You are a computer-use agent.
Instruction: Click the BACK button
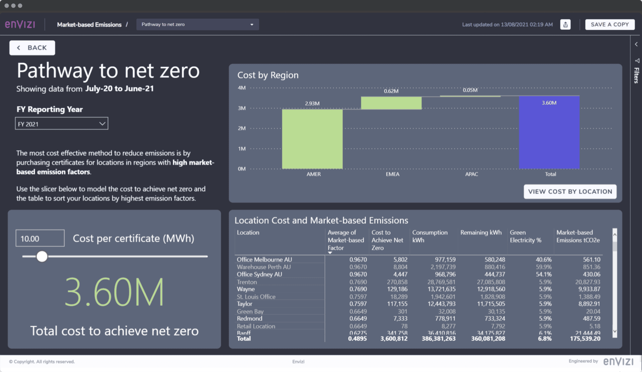tap(32, 48)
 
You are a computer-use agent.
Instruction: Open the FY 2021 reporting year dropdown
tap(62, 124)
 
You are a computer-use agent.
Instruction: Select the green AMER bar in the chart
tap(312, 139)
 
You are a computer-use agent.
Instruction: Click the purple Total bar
tap(549, 132)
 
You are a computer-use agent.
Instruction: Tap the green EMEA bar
tap(391, 103)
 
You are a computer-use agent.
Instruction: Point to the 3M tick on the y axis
tap(241, 108)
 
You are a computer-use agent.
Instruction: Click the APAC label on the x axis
tap(471, 174)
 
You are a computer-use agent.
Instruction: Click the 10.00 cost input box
tap(40, 239)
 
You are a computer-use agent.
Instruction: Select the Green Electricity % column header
tap(525, 237)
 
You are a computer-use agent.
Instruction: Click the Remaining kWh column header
tap(481, 233)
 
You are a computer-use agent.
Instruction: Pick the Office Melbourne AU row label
tap(264, 260)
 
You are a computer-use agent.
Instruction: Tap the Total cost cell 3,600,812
tap(394, 339)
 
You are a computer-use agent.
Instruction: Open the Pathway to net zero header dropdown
tap(197, 24)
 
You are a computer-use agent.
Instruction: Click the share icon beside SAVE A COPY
tap(565, 25)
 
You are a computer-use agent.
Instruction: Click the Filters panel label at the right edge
tap(636, 75)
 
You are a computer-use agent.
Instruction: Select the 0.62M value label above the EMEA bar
tap(391, 91)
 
